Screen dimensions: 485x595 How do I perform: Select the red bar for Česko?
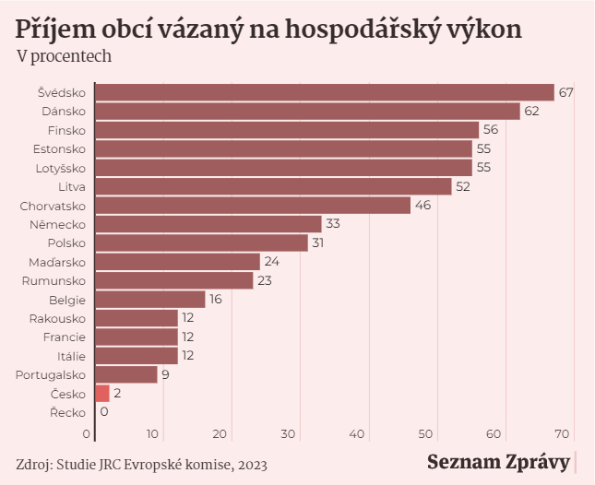click(102, 394)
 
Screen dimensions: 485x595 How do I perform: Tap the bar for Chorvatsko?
click(253, 206)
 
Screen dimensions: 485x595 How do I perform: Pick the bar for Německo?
click(208, 224)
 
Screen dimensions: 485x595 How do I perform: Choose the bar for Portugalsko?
click(126, 375)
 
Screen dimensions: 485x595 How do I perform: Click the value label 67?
click(566, 92)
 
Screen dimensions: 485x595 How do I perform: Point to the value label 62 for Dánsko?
click(531, 111)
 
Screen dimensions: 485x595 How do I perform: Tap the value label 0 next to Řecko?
click(104, 412)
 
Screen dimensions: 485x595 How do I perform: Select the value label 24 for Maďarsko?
click(271, 262)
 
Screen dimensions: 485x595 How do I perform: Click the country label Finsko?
click(66, 130)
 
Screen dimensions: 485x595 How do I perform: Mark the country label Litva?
click(71, 186)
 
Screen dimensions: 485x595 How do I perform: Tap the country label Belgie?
click(67, 300)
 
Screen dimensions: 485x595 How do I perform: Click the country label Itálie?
click(70, 356)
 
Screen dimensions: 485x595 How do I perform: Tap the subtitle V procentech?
click(64, 56)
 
